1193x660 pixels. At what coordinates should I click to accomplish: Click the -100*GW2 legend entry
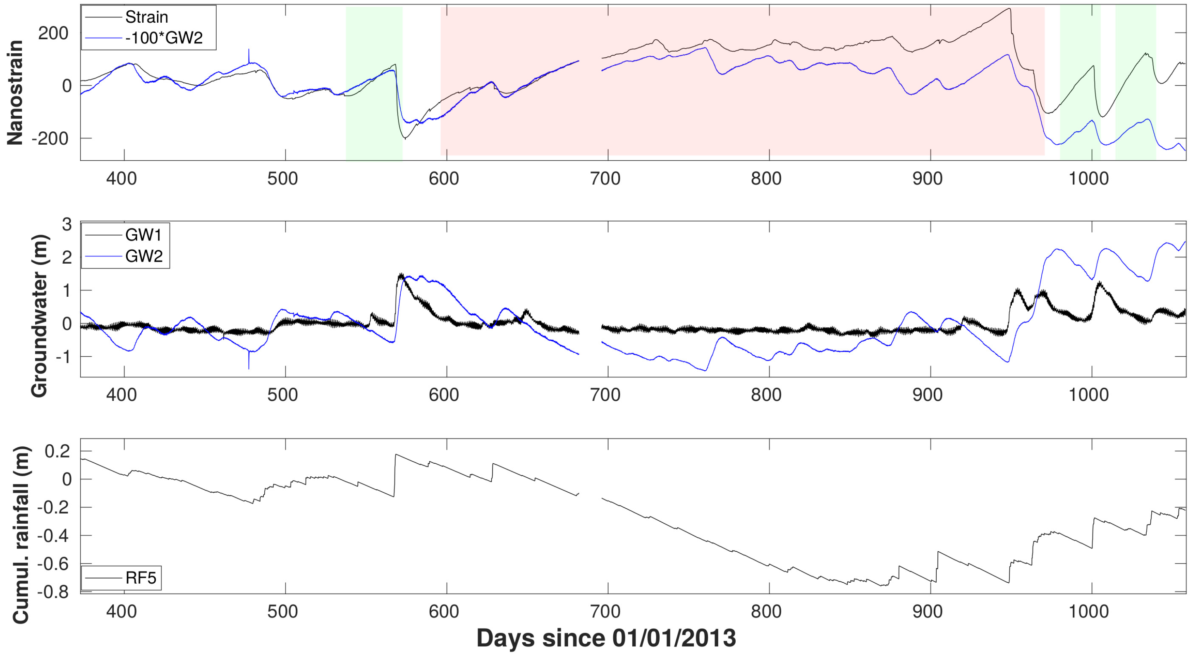[x=164, y=38]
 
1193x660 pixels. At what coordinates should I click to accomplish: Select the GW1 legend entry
[x=143, y=235]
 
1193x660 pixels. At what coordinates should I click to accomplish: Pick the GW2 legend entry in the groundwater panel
[x=143, y=255]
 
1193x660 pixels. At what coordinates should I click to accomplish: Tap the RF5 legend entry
[x=141, y=578]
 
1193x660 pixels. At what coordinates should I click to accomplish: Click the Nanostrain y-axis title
[x=15, y=93]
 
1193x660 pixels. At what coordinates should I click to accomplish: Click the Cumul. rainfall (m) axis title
[x=21, y=535]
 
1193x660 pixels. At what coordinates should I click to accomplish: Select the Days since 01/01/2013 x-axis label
[x=606, y=638]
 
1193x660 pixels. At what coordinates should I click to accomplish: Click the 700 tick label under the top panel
[x=605, y=179]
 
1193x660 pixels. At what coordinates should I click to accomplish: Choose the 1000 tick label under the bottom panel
[x=1088, y=612]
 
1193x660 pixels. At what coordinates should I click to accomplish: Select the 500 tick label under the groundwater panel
[x=283, y=395]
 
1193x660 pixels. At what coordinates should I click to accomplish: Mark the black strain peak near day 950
[x=1009, y=9]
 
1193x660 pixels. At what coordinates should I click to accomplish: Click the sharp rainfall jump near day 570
[x=395, y=472]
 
